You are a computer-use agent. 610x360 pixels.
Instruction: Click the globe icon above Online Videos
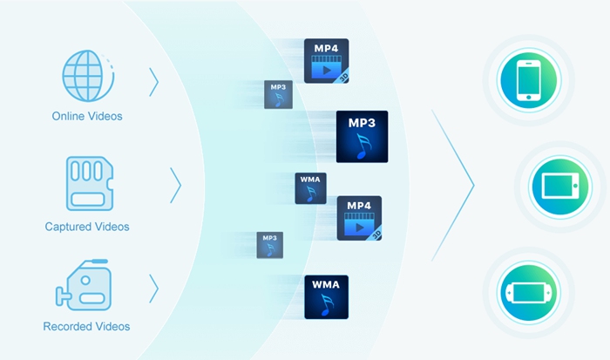pyautogui.click(x=86, y=77)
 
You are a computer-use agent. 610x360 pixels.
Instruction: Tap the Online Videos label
pyautogui.click(x=86, y=116)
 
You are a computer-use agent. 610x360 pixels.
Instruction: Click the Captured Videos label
pyautogui.click(x=86, y=227)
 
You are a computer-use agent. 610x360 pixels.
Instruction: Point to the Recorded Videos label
pyautogui.click(x=86, y=327)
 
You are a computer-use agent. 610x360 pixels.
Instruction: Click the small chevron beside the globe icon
pyautogui.click(x=154, y=82)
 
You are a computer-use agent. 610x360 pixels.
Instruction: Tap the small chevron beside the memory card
pyautogui.click(x=175, y=185)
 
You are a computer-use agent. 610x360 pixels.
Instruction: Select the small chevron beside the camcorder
pyautogui.click(x=154, y=288)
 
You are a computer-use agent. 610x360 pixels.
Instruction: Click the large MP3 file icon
pyautogui.click(x=362, y=137)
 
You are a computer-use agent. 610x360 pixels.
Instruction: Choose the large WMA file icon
pyautogui.click(x=326, y=296)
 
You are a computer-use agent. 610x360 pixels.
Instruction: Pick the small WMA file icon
pyautogui.click(x=310, y=188)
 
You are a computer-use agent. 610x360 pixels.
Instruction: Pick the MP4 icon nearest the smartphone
pyautogui.click(x=326, y=61)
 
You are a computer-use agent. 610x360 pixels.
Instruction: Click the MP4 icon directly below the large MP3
pyautogui.click(x=359, y=218)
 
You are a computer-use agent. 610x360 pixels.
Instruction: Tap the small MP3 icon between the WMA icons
pyautogui.click(x=269, y=244)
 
